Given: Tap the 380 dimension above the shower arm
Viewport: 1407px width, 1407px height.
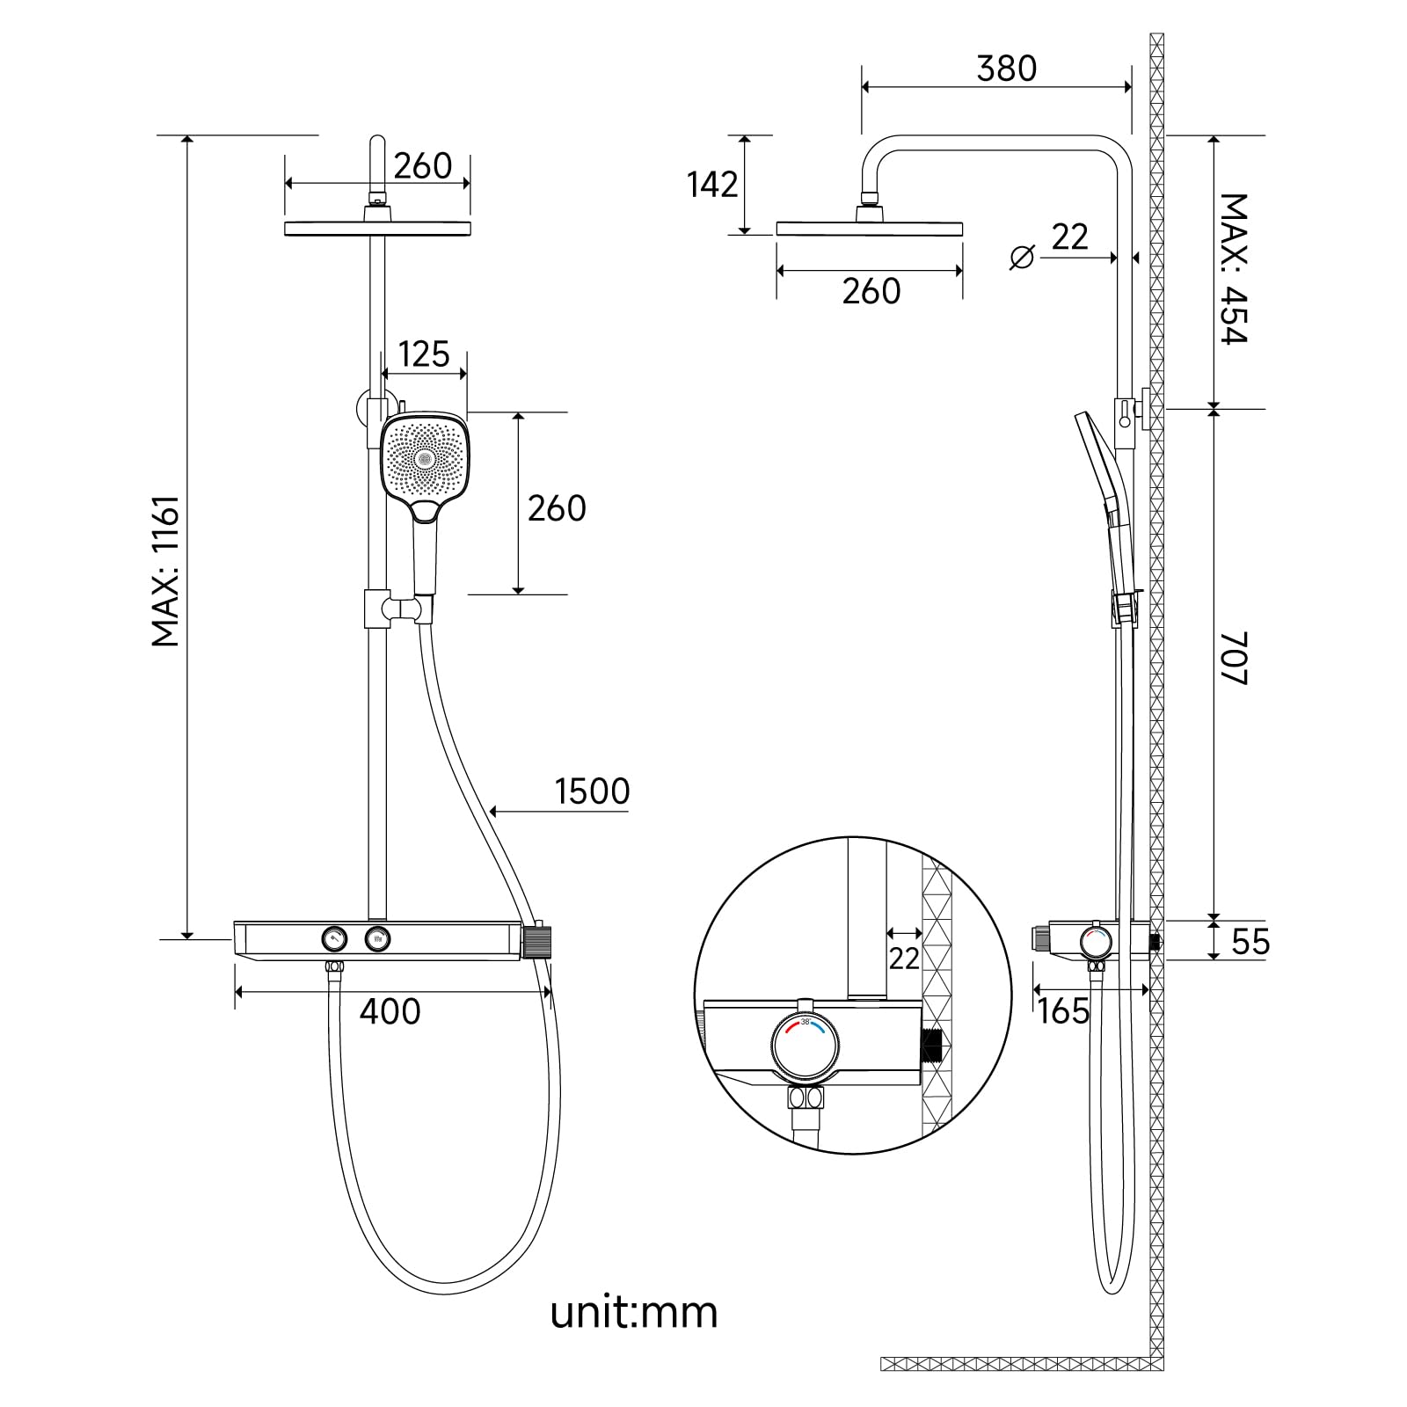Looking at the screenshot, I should coord(1006,69).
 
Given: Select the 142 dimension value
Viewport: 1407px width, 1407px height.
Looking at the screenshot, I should coord(712,185).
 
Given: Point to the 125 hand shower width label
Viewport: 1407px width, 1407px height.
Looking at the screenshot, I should coord(423,354).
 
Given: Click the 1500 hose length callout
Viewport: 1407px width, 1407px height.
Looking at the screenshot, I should coord(592,791).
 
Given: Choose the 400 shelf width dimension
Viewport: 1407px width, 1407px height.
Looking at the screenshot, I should coord(390,1011).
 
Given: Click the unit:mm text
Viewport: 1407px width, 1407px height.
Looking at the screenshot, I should coord(634,1313).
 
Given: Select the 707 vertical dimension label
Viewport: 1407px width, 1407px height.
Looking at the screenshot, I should coord(1234,658).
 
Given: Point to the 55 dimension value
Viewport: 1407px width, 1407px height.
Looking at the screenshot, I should coord(1250,942).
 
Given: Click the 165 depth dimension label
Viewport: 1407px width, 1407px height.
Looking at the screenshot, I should coord(1062,1011).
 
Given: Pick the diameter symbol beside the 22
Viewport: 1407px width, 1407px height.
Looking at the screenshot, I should coord(1022,258).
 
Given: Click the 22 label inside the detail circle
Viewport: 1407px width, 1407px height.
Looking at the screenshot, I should coord(903,958).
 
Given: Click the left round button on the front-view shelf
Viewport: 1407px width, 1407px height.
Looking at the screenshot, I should coord(334,939).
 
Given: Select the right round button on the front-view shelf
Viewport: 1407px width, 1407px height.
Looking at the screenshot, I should coord(378,939).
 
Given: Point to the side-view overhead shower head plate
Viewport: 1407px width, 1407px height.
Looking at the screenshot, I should coord(869,230).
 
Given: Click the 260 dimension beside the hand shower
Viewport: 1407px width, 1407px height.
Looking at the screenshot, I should coord(556,508).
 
